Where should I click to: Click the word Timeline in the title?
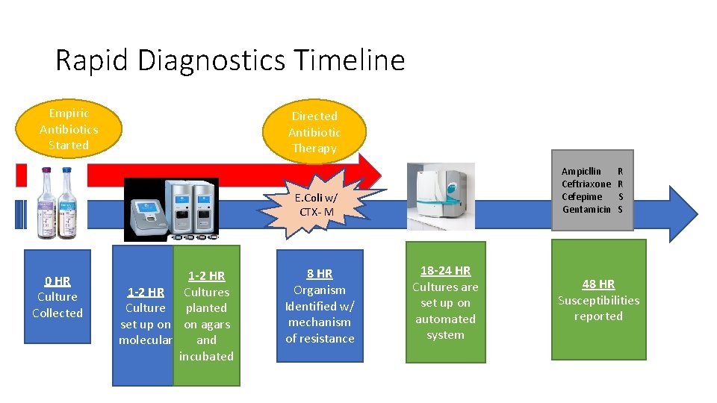[x=347, y=60]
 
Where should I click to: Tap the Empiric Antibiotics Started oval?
[x=68, y=129]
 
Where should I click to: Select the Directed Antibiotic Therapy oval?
[x=314, y=132]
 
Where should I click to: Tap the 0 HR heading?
[x=58, y=281]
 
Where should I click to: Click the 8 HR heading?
[x=320, y=274]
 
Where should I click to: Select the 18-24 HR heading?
[x=445, y=271]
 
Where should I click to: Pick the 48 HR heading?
[x=598, y=284]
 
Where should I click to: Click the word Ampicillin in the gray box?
[x=581, y=171]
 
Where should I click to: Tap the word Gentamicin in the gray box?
[x=586, y=209]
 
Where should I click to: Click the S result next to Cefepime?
[x=621, y=196]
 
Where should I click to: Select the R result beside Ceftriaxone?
[x=621, y=184]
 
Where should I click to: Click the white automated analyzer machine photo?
[x=440, y=196]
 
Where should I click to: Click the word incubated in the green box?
[x=206, y=356]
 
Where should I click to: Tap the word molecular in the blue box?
[x=146, y=340]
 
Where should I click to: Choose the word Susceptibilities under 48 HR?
[x=598, y=300]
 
